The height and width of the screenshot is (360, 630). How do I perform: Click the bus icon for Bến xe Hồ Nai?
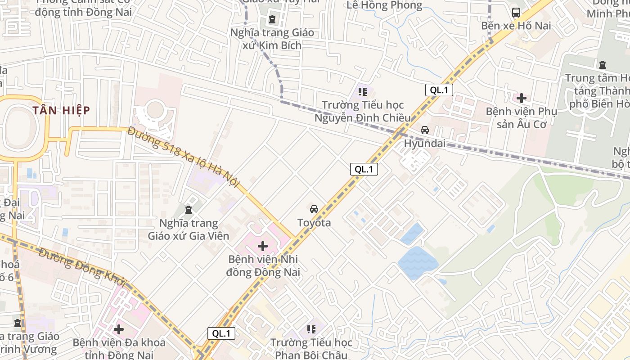[516, 12]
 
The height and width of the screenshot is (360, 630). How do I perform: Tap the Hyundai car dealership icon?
[424, 130]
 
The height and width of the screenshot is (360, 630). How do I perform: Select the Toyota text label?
[314, 223]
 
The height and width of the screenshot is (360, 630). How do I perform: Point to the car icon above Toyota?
[314, 209]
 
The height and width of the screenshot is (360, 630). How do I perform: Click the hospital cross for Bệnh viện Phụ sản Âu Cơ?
[522, 98]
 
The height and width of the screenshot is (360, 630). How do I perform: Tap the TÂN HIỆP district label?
[61, 110]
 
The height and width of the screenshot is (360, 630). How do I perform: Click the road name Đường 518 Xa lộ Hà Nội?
[184, 157]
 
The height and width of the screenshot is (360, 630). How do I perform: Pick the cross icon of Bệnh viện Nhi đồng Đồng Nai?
[263, 246]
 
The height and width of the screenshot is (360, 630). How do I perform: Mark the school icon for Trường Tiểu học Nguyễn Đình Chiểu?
[362, 92]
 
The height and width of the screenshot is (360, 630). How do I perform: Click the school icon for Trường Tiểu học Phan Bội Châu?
[311, 329]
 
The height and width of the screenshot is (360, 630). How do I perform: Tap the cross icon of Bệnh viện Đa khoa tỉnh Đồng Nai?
[119, 329]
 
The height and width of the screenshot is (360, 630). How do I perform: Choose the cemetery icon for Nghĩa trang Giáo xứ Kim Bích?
[272, 19]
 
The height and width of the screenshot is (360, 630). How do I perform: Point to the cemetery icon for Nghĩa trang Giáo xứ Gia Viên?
[188, 209]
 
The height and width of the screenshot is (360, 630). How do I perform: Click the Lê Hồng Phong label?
[385, 5]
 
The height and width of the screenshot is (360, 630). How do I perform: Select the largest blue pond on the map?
[417, 262]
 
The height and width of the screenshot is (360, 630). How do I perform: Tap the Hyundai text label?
[425, 144]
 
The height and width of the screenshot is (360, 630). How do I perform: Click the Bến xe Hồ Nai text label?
[516, 26]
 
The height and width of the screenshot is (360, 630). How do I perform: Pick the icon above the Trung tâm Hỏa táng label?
[602, 64]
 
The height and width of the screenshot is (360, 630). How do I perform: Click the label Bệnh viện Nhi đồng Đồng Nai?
[263, 266]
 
